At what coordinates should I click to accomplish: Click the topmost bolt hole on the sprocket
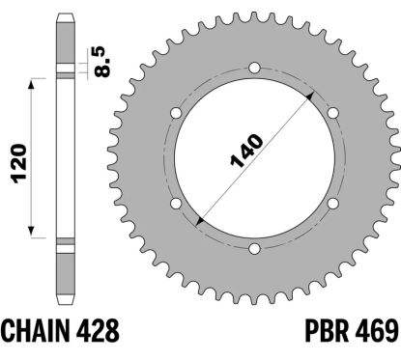pos(254,68)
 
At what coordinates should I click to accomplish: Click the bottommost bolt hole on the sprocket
pos(254,249)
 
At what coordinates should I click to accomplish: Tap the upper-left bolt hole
pos(176,113)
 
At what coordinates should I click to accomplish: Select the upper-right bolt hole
pos(333,113)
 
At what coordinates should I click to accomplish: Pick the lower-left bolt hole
pos(176,204)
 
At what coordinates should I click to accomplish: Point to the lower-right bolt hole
pos(333,204)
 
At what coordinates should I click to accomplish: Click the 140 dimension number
pos(246,151)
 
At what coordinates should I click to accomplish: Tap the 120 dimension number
pos(19,163)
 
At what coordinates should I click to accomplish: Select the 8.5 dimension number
pos(100,62)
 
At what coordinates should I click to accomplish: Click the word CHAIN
pos(36,331)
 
